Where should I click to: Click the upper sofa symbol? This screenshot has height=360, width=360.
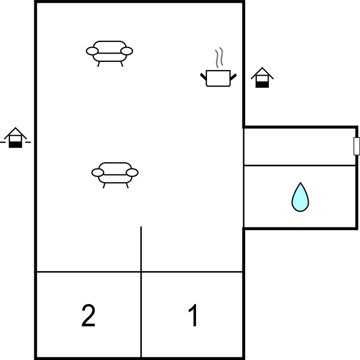pos(109,54)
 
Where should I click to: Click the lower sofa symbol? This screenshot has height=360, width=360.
pos(115,175)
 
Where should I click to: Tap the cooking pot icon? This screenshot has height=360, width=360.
pos(218,78)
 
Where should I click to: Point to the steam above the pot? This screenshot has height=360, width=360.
pos(219,57)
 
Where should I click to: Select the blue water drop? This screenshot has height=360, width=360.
pos(300,197)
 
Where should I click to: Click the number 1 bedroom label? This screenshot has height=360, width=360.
pos(193,315)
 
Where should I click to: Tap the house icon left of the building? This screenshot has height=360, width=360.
pos(15,137)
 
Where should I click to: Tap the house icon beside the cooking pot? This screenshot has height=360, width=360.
pos(262,77)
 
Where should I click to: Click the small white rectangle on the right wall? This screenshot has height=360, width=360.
pos(357,146)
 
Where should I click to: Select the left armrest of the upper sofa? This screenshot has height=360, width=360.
pos(92,51)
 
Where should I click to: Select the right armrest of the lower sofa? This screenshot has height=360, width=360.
pos(133,172)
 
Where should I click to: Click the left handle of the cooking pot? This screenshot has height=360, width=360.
pos(203,76)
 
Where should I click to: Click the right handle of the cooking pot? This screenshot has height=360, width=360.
pos(233,77)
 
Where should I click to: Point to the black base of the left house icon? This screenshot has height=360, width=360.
pos(15,145)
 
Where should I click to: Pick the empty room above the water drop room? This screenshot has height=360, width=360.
pos(300,146)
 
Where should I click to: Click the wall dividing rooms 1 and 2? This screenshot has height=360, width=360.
pos(141,292)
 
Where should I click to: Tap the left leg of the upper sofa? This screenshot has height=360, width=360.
pos(99,64)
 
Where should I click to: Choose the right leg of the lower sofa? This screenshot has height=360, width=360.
pos(127,186)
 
